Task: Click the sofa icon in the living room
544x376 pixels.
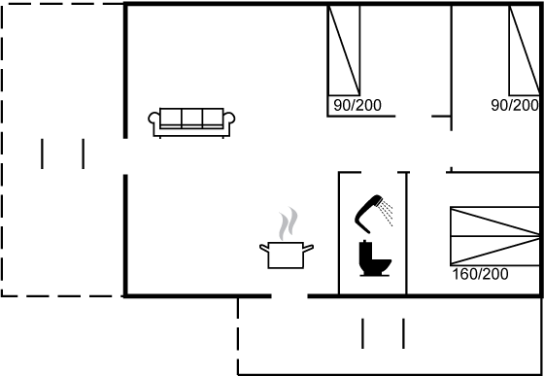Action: (191, 122)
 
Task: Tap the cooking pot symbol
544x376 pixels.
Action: (287, 256)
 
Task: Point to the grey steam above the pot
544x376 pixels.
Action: (289, 223)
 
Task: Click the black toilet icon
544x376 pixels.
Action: (375, 258)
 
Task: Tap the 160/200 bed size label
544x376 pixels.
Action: (480, 274)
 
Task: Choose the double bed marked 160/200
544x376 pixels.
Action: (495, 236)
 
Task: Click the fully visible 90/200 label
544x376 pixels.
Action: (357, 105)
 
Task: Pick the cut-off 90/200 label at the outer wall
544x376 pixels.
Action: (515, 105)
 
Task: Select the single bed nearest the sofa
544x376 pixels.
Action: (344, 51)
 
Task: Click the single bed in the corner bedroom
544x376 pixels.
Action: (525, 51)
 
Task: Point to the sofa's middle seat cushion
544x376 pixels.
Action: (191, 118)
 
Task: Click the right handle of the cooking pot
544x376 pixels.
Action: (309, 248)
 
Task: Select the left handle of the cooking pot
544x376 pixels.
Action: (264, 249)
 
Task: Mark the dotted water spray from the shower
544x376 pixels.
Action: (387, 215)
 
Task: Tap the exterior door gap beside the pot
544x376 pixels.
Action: (289, 296)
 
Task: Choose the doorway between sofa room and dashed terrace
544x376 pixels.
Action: (125, 156)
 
